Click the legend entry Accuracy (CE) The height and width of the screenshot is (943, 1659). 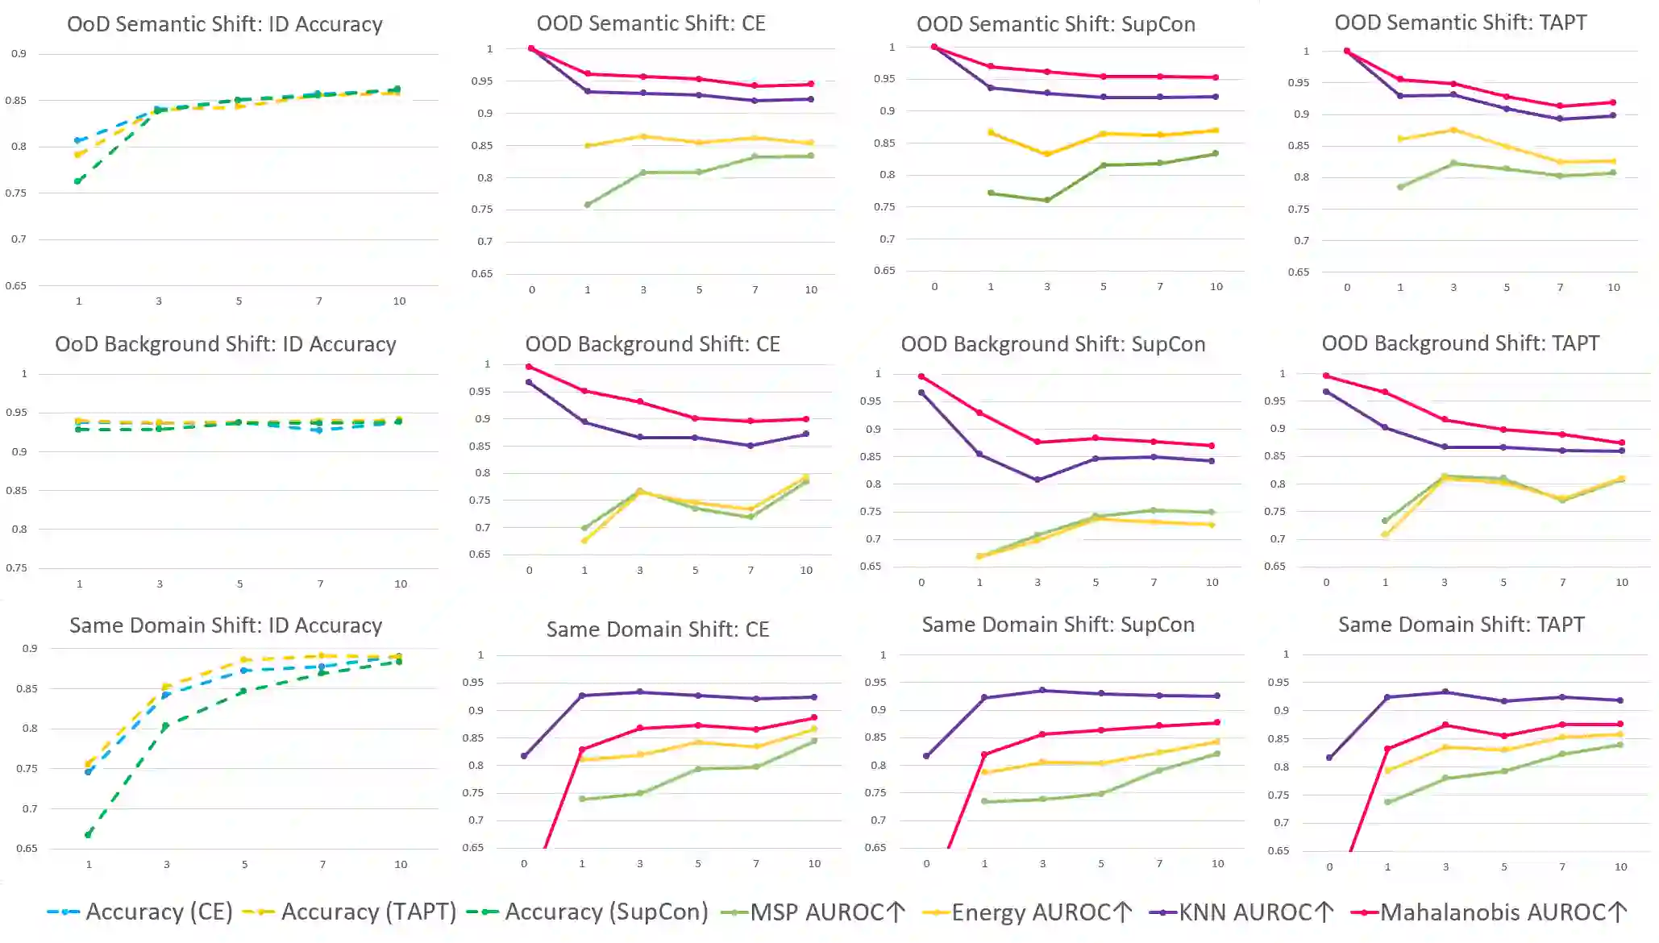pyautogui.click(x=141, y=912)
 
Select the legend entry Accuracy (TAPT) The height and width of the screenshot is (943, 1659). pyautogui.click(x=351, y=912)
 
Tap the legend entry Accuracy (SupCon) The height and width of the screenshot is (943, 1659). pyautogui.click(x=588, y=912)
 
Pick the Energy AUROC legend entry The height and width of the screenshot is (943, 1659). pyautogui.click(x=1028, y=912)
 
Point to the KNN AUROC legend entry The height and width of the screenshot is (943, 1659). pyautogui.click(x=1241, y=912)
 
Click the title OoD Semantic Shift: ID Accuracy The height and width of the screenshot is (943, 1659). pyautogui.click(x=225, y=24)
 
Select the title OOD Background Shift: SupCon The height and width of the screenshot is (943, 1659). pyautogui.click(x=1053, y=344)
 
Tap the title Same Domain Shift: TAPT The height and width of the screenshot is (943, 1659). pyautogui.click(x=1461, y=625)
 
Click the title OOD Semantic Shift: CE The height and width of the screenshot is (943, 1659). pyautogui.click(x=651, y=23)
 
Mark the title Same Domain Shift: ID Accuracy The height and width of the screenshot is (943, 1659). pyautogui.click(x=226, y=625)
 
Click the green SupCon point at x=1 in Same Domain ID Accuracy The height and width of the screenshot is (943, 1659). pyautogui.click(x=89, y=834)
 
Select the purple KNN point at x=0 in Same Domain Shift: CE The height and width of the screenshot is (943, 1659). pyautogui.click(x=524, y=756)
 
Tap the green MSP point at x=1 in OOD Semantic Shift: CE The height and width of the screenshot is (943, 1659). pyautogui.click(x=588, y=205)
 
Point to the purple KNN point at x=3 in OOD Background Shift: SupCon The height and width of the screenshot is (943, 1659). pyautogui.click(x=1037, y=480)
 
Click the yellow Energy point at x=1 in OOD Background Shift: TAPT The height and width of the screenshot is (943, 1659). pyautogui.click(x=1385, y=534)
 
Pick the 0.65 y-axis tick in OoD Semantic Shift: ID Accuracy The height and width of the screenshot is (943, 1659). pyautogui.click(x=16, y=285)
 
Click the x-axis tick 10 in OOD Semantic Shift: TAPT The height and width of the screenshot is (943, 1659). pyautogui.click(x=1613, y=288)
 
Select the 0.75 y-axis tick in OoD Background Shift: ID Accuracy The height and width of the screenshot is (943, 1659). pyautogui.click(x=17, y=567)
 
